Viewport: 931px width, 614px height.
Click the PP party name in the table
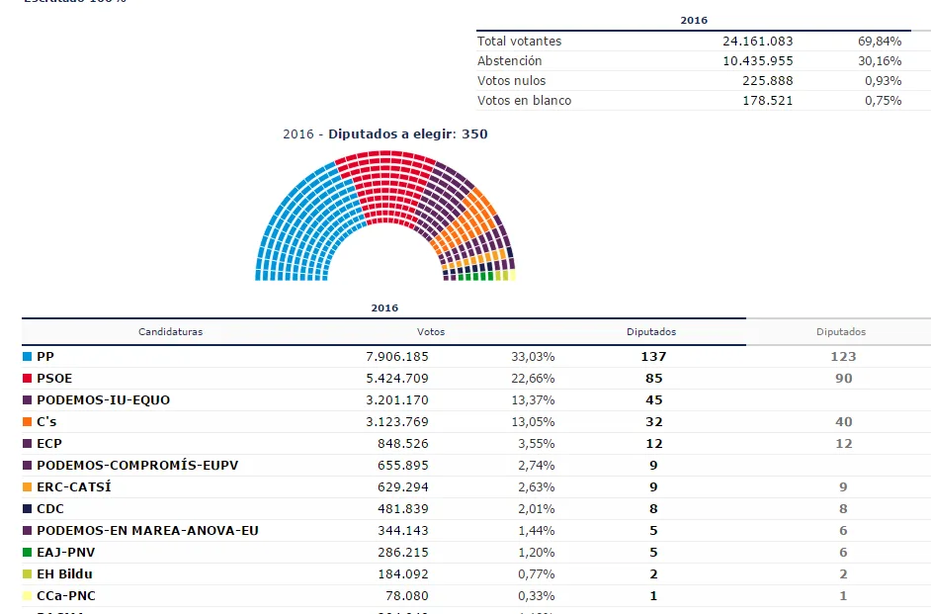pos(45,356)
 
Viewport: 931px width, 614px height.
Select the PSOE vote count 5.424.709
pos(403,378)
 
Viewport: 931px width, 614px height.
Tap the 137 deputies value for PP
pos(652,356)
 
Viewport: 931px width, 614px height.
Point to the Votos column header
pos(431,332)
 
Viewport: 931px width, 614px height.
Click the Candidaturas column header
pos(170,332)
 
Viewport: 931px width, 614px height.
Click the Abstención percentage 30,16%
pos(879,61)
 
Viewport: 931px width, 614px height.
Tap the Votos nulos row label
pos(511,81)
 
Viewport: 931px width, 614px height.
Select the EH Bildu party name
pos(64,573)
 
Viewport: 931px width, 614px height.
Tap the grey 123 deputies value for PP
pos(842,356)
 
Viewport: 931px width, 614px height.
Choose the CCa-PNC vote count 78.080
pos(408,596)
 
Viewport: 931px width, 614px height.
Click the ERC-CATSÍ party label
pos(74,486)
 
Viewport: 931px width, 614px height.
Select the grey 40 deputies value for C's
pos(842,422)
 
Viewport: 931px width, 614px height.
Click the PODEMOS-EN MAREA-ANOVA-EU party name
pos(147,531)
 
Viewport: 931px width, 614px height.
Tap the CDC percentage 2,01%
pos(536,509)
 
